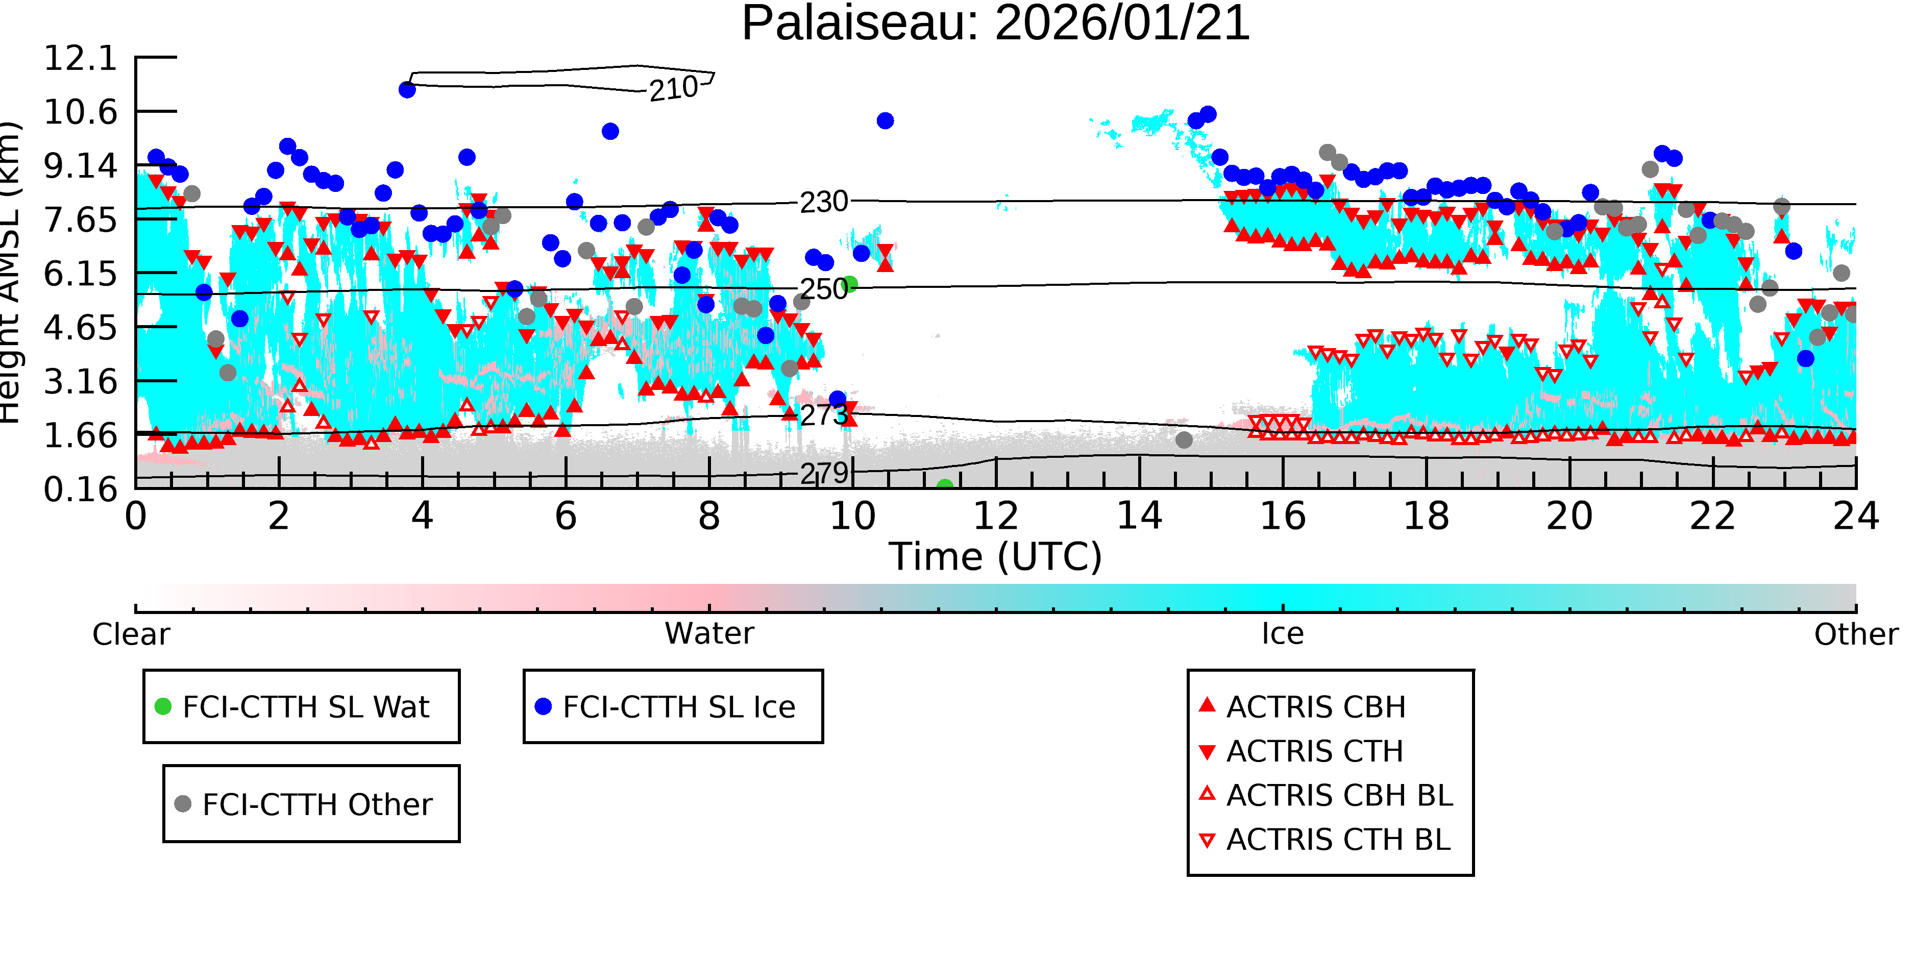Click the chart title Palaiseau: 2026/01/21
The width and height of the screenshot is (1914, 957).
tap(996, 24)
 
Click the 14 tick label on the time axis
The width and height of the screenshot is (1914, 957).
tap(1139, 517)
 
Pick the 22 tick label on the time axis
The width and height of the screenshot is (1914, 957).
tap(1712, 517)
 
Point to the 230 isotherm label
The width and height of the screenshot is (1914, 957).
tap(824, 202)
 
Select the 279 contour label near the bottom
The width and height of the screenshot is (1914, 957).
tap(824, 473)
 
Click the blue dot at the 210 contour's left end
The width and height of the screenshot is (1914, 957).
tap(407, 90)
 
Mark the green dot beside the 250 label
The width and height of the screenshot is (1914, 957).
tap(850, 284)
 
